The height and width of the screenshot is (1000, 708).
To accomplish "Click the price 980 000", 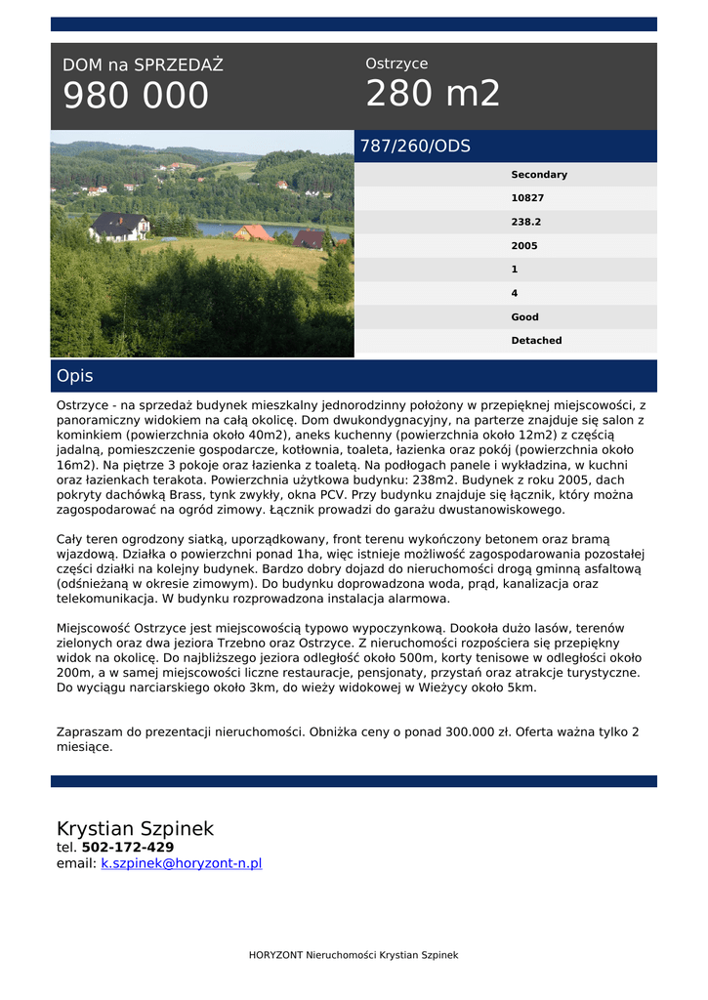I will tap(136, 96).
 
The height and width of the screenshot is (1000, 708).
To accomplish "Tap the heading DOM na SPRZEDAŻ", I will tap(143, 65).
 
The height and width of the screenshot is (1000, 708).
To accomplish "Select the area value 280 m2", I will tap(433, 94).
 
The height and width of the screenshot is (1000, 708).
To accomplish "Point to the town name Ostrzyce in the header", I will tap(396, 63).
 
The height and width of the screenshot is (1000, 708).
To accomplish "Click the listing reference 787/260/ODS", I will tap(415, 146).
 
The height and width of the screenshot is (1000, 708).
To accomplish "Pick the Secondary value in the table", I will tap(538, 175).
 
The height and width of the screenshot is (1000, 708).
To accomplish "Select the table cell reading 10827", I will tap(527, 198).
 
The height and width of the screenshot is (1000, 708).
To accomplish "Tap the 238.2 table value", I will tap(525, 222).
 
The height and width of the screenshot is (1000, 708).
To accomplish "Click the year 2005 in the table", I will tap(524, 246).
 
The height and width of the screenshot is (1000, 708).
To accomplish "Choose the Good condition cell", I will tap(524, 317).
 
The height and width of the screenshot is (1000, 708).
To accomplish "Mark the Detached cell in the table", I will tap(536, 341).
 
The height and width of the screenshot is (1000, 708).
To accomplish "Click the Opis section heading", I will tap(75, 376).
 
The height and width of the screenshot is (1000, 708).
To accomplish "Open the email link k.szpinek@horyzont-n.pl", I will tap(182, 863).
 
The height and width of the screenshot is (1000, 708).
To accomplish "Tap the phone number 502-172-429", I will tap(128, 848).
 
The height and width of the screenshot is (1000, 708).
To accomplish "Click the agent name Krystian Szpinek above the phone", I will tap(135, 829).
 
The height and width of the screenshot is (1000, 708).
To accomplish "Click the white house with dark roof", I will tap(120, 227).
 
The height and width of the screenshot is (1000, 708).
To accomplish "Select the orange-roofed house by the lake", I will tap(254, 232).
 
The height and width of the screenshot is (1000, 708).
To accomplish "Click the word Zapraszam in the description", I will tap(86, 731).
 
